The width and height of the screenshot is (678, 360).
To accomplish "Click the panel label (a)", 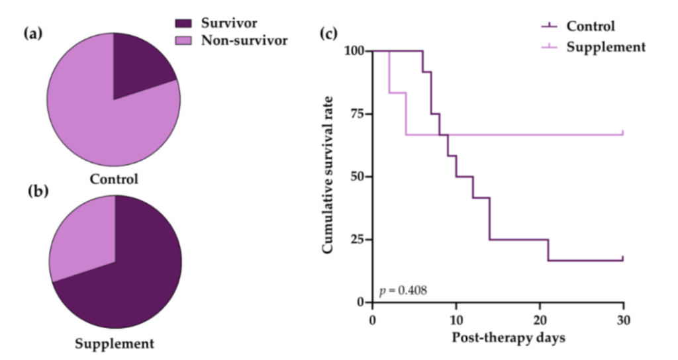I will point(34,34).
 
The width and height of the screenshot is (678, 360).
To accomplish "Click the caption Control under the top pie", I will point(114,179).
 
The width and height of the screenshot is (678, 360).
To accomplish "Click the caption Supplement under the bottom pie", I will point(115,344).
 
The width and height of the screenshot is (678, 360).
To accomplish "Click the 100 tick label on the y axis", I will point(354,51).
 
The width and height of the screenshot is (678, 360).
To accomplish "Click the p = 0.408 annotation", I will point(403,290).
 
